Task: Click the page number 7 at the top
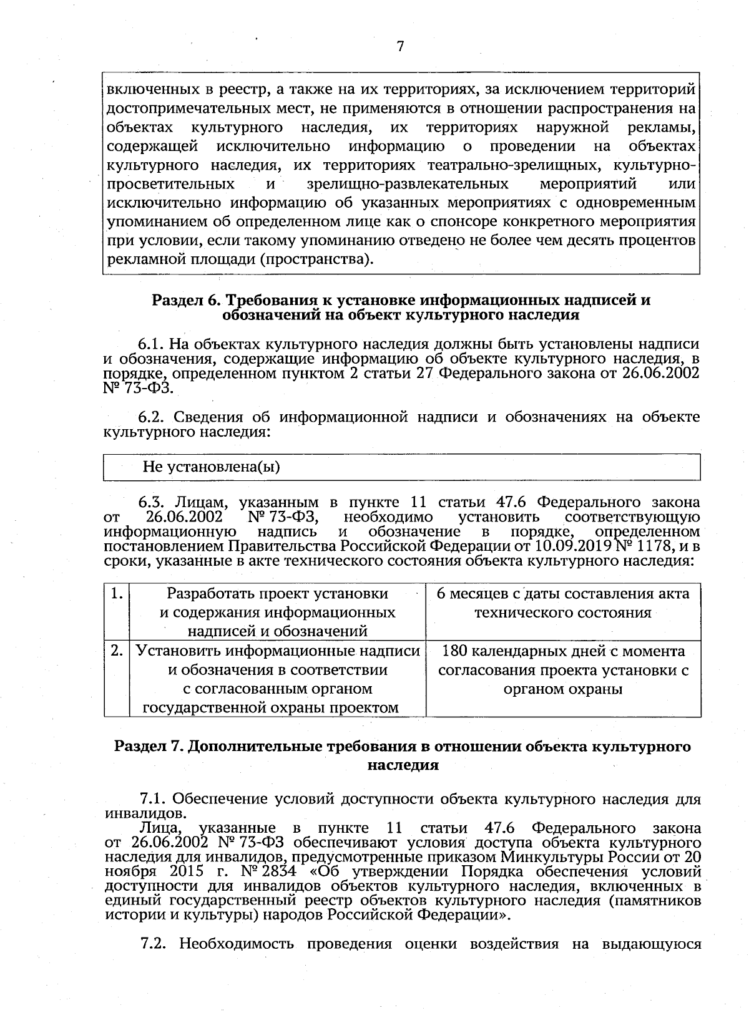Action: pyautogui.click(x=400, y=47)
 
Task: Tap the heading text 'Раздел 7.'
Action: pyautogui.click(x=147, y=747)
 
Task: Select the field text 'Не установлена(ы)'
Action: pyautogui.click(x=211, y=467)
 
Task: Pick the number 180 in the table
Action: pyautogui.click(x=454, y=651)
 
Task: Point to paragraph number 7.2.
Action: pyautogui.click(x=153, y=961)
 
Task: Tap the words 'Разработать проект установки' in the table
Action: pyautogui.click(x=277, y=593)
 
